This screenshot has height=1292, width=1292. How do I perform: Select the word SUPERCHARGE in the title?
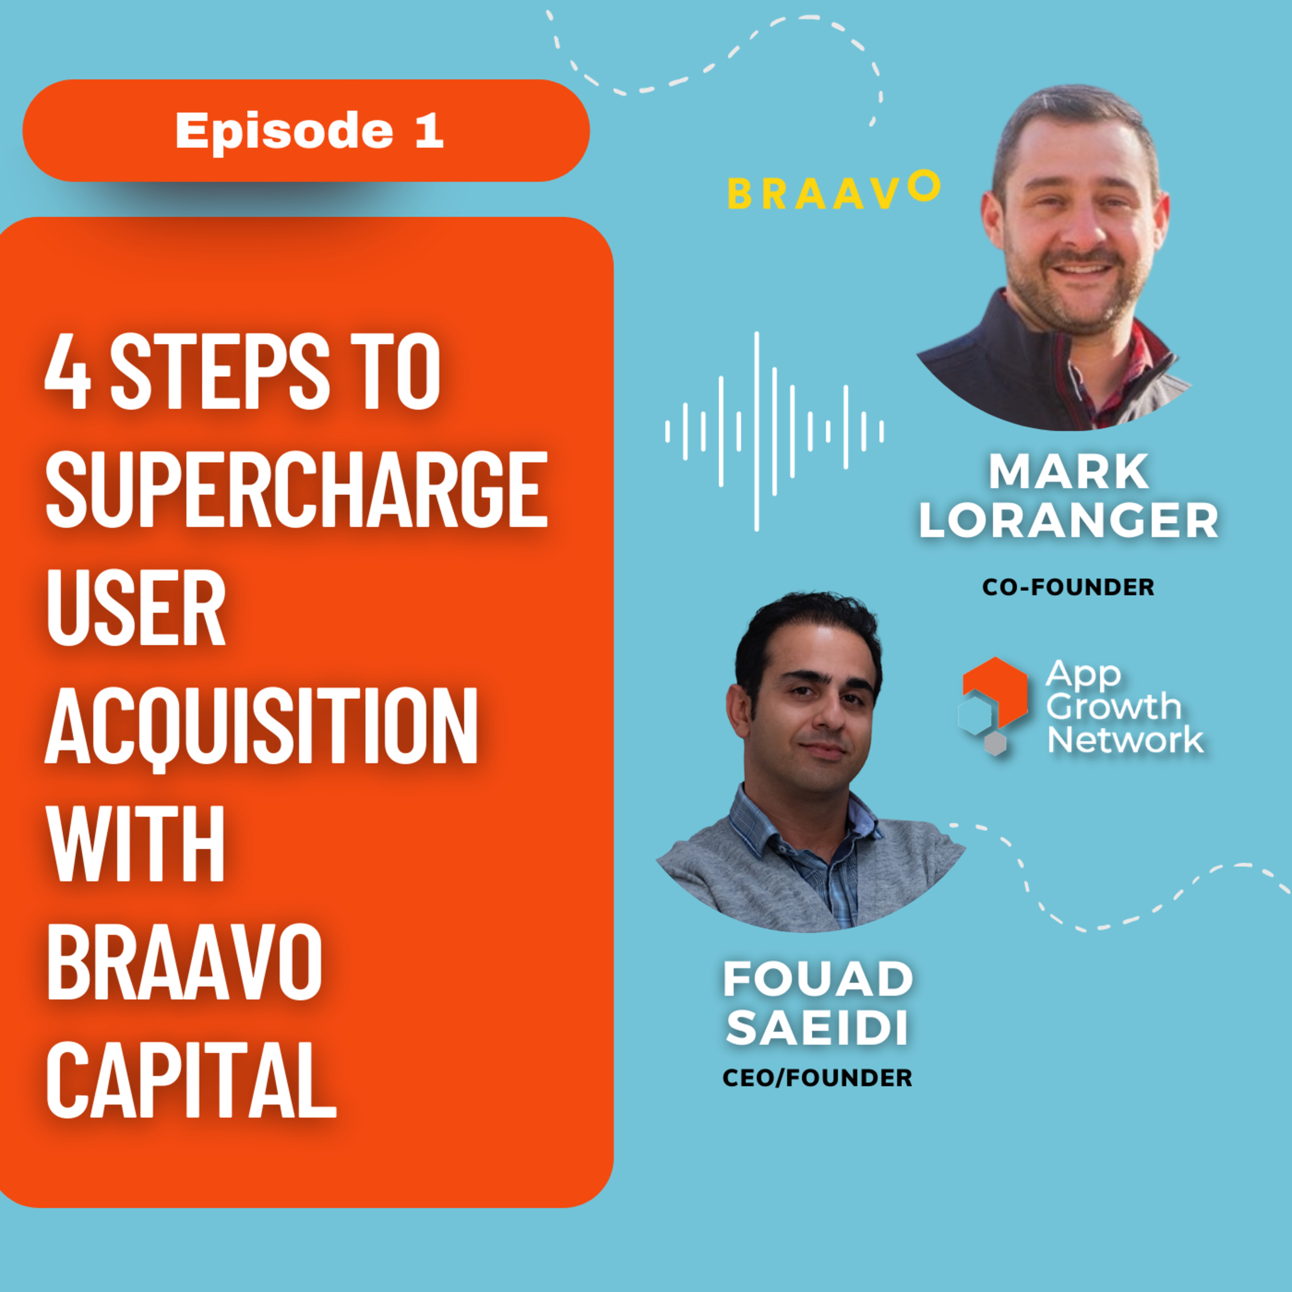coord(297,488)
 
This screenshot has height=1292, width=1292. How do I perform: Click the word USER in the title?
coord(135,607)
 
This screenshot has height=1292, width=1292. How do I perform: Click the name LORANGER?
coord(1068,521)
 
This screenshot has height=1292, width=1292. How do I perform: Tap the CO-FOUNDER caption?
coord(1068,587)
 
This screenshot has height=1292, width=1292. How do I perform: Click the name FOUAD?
coord(818,979)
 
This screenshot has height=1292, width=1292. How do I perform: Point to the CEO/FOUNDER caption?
coord(817,1078)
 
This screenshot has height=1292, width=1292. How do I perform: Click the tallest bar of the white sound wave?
coord(756,432)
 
